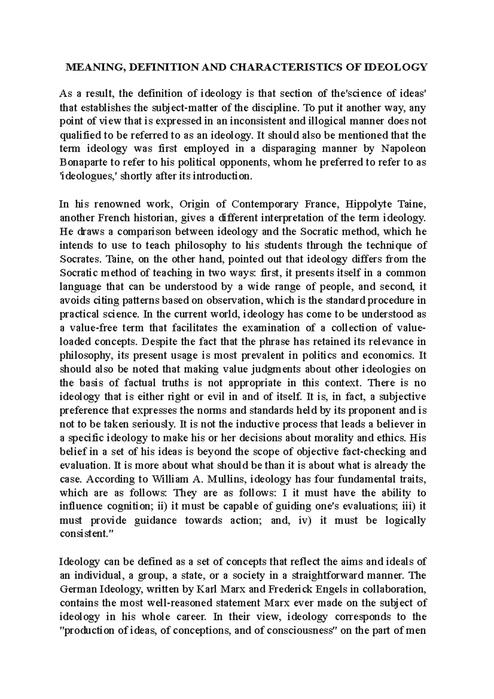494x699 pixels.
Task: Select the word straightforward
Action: pyautogui.click(x=319, y=575)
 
